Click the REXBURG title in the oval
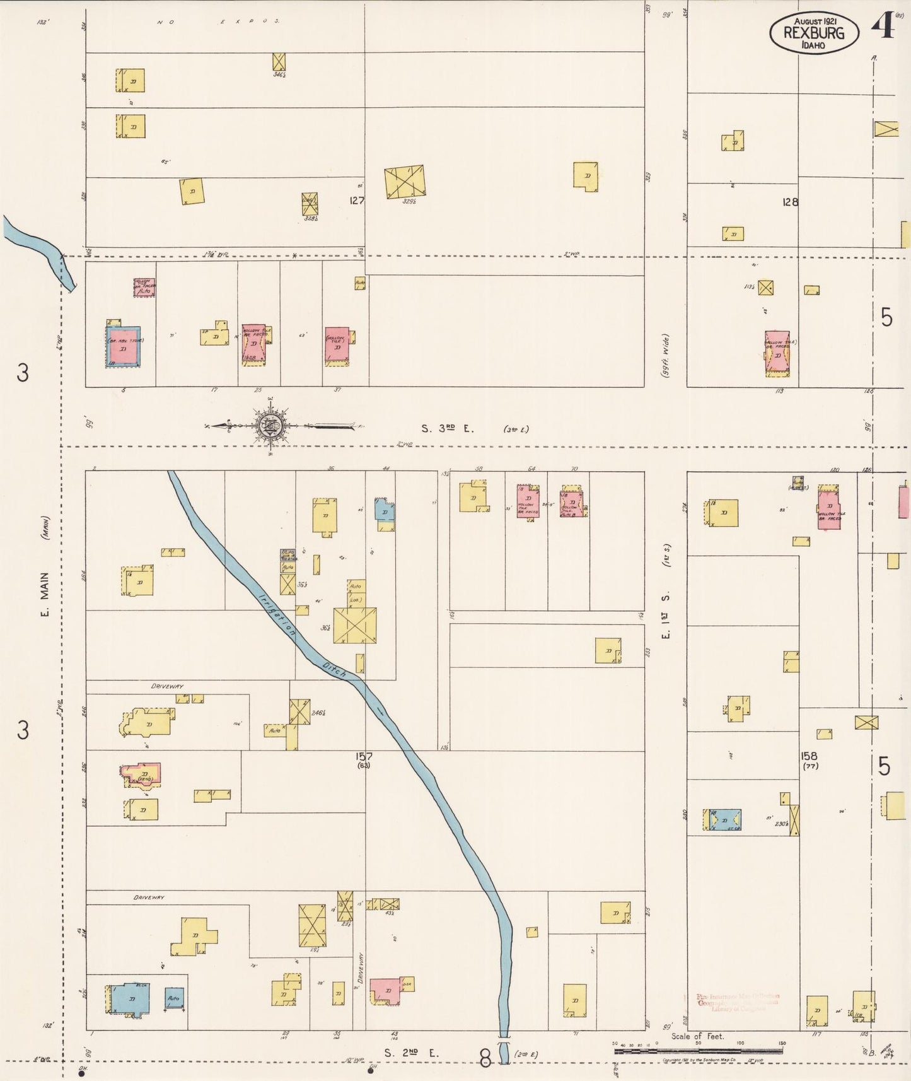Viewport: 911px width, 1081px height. coord(813,32)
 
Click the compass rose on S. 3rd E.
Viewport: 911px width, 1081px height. coord(270,426)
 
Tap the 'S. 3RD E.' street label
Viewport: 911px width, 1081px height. coord(447,428)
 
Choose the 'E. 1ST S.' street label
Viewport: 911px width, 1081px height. coord(664,615)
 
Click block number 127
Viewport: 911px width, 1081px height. coord(356,201)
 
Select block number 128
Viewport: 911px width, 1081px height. coord(789,202)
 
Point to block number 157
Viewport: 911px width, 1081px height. coord(364,756)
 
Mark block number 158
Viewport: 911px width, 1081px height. coord(809,756)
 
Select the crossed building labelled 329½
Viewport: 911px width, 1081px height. coord(405,182)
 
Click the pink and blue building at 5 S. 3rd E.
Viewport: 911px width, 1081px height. coord(123,346)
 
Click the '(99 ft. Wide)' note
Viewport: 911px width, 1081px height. coord(664,356)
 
